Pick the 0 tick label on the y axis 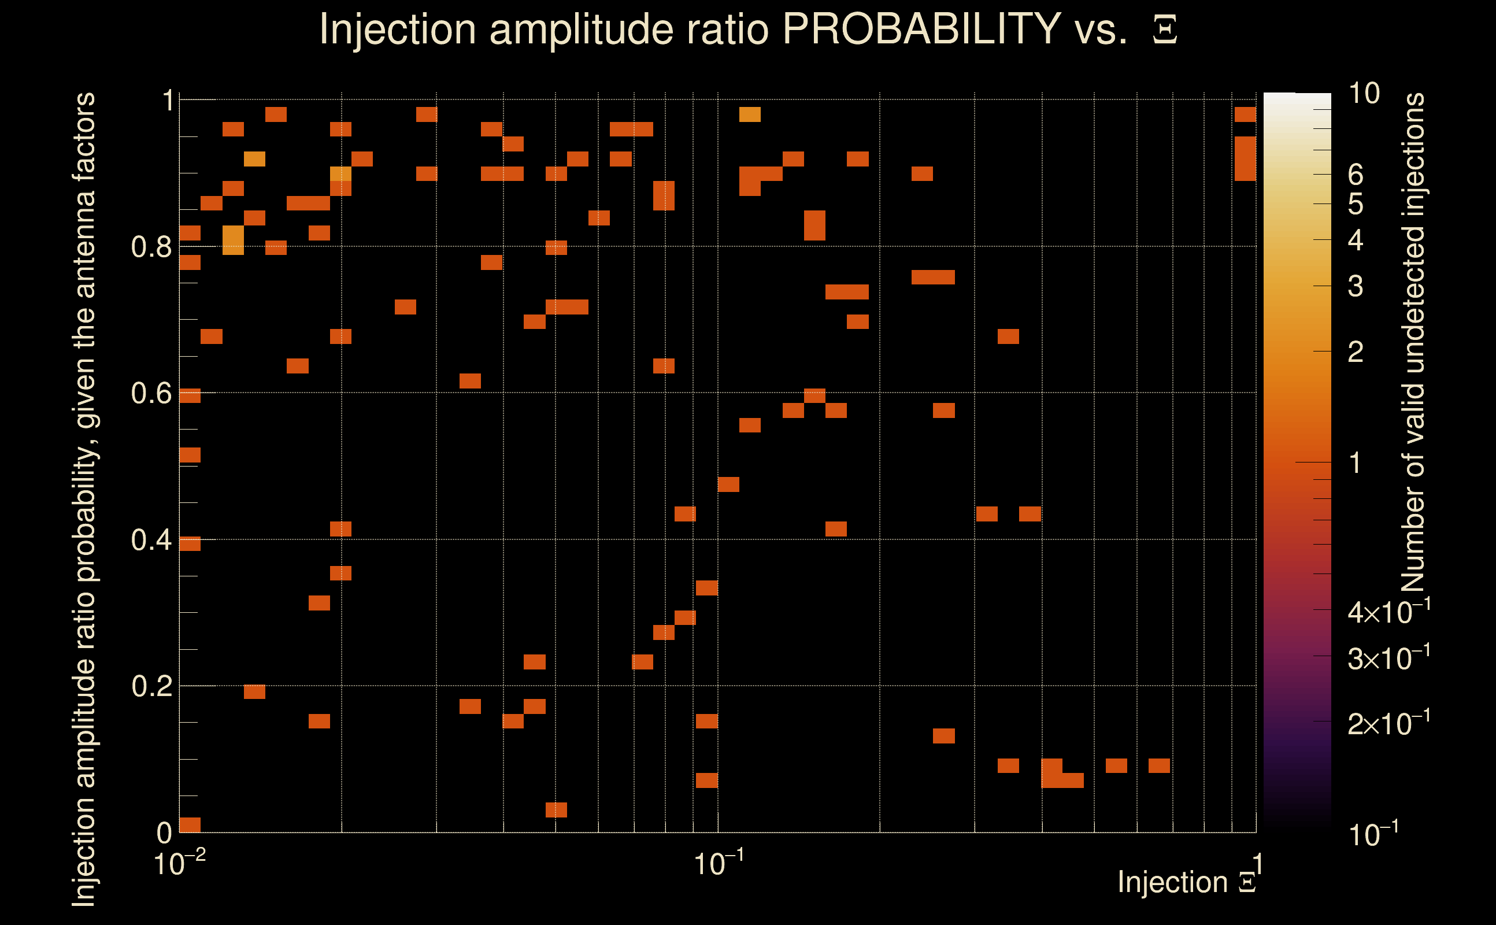pos(164,832)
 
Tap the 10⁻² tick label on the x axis pos(179,863)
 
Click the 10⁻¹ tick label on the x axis pos(718,863)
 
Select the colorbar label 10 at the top pos(1364,94)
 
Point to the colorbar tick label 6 pos(1356,175)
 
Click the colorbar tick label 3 pos(1356,286)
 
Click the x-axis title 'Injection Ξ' pos(1187,882)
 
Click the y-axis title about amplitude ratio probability pos(84,498)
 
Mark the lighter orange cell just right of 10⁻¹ pos(750,114)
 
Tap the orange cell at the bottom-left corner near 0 pos(190,824)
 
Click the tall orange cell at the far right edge pos(1245,158)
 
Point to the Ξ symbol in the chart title pos(1165,30)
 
